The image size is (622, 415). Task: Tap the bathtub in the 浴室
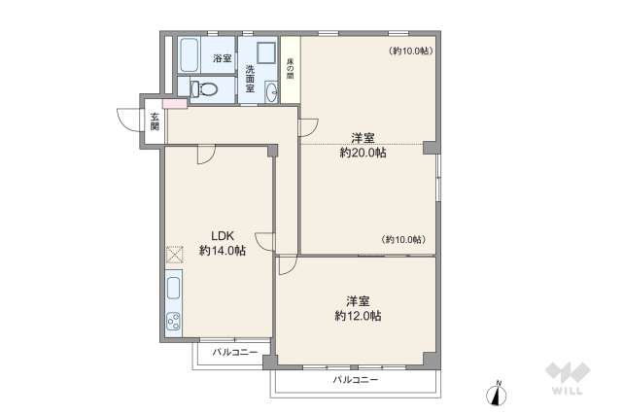(189, 56)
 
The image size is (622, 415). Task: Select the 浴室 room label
(223, 58)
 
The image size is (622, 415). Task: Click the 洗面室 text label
(250, 77)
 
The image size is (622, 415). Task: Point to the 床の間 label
(290, 67)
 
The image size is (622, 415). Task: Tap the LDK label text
(223, 234)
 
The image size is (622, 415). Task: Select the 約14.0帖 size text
(223, 250)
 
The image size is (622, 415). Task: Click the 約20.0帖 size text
(363, 153)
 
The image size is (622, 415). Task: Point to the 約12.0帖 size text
(357, 316)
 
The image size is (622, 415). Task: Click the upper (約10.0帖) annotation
(409, 50)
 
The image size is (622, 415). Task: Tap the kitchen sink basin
(173, 289)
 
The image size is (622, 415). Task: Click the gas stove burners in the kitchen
(173, 320)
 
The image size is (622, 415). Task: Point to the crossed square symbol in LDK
(174, 256)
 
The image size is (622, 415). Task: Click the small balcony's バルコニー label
(234, 352)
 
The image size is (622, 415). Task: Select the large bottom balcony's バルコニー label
(355, 379)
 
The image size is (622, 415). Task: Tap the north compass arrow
(498, 394)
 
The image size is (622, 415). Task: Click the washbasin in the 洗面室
(271, 91)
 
